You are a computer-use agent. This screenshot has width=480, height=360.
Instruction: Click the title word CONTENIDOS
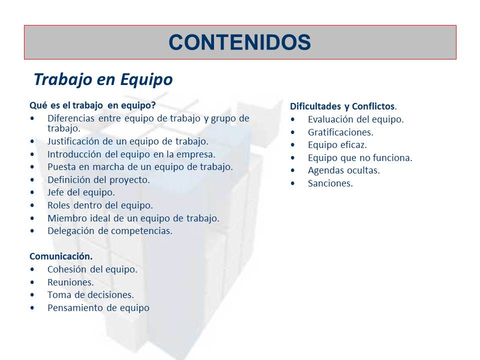tap(239, 42)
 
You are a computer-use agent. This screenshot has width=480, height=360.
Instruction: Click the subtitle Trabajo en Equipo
tap(103, 79)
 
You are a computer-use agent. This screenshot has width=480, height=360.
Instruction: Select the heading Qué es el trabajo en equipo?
tap(92, 105)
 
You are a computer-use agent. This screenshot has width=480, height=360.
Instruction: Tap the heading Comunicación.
tap(61, 256)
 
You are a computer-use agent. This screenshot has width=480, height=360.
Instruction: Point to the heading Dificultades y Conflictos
tap(342, 106)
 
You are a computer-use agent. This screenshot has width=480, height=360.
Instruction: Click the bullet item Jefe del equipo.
tap(81, 192)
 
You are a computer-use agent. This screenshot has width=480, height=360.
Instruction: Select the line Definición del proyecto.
tap(98, 180)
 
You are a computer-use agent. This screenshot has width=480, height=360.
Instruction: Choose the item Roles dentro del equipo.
tap(100, 205)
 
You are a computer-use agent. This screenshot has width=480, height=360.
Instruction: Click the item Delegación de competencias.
tap(109, 231)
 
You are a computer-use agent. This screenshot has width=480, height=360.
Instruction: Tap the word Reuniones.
tap(70, 282)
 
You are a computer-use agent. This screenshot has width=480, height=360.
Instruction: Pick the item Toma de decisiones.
tap(90, 295)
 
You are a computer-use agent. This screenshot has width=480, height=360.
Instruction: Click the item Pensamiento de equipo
tap(98, 308)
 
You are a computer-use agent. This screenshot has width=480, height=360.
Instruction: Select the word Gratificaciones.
tap(340, 132)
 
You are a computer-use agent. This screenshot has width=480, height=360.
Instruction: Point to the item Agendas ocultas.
tap(343, 170)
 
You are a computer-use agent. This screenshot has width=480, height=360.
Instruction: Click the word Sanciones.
tap(330, 183)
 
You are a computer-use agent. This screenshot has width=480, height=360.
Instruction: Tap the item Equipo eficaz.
tap(337, 145)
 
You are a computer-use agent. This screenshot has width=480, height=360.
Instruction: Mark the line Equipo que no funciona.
tap(360, 158)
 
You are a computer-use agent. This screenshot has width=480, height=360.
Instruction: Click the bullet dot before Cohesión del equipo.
tap(32, 269)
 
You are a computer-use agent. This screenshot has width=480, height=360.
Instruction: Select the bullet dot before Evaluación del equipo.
tap(293, 119)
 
